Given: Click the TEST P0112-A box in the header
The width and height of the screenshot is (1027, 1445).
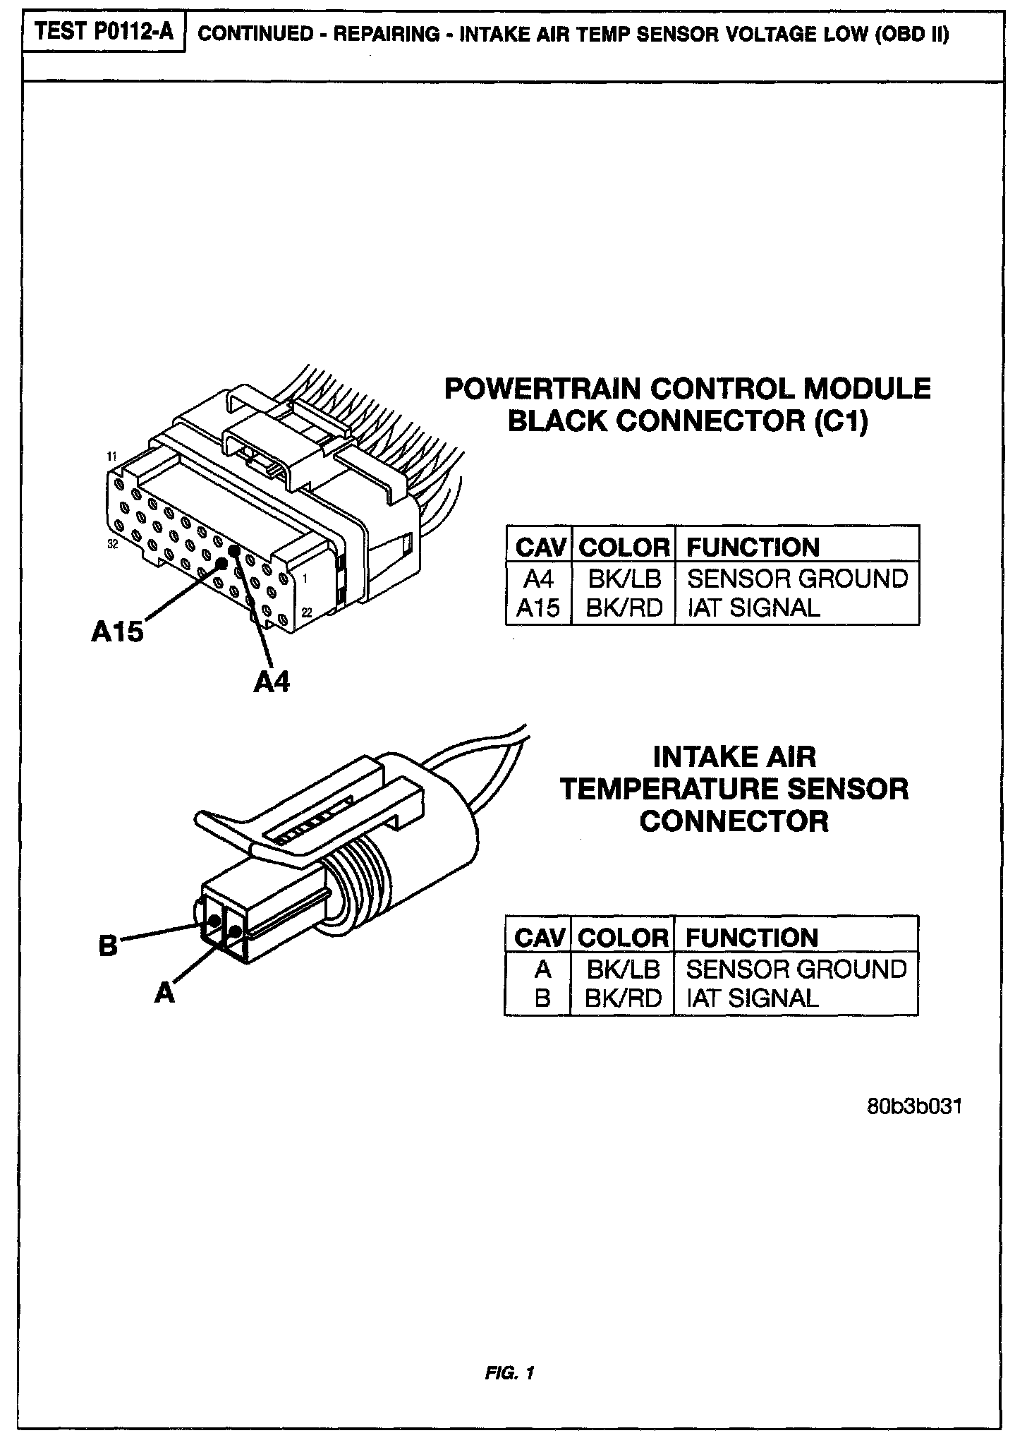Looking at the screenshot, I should pyautogui.click(x=104, y=33).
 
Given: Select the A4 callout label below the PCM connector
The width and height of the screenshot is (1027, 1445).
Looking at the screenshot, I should pyautogui.click(x=272, y=682).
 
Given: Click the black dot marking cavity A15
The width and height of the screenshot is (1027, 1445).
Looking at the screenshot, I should pyautogui.click(x=221, y=563).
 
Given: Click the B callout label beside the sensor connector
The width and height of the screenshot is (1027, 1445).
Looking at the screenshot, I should pyautogui.click(x=108, y=945).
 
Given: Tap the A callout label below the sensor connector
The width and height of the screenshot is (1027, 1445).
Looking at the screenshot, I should pyautogui.click(x=164, y=993).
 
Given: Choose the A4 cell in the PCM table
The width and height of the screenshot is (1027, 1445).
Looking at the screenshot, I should pyautogui.click(x=538, y=579).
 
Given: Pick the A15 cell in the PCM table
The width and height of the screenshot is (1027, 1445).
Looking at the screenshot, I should pyautogui.click(x=538, y=608).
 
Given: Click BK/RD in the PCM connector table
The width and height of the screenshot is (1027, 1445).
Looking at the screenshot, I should pyautogui.click(x=624, y=608).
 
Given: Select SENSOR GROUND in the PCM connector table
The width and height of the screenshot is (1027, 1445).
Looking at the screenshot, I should pyautogui.click(x=797, y=579).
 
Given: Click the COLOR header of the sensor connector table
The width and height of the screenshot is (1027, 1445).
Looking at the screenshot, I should pyautogui.click(x=623, y=938).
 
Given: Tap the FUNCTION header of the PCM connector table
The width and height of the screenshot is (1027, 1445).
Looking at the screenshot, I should pyautogui.click(x=753, y=548).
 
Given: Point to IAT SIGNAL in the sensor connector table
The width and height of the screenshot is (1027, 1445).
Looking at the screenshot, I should pyautogui.click(x=752, y=998).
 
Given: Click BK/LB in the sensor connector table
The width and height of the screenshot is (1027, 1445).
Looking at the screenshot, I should pyautogui.click(x=623, y=969).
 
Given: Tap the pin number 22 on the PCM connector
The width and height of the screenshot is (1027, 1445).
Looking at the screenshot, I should pyautogui.click(x=307, y=612).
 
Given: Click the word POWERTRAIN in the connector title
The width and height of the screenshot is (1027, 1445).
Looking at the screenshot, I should pyautogui.click(x=542, y=389).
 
